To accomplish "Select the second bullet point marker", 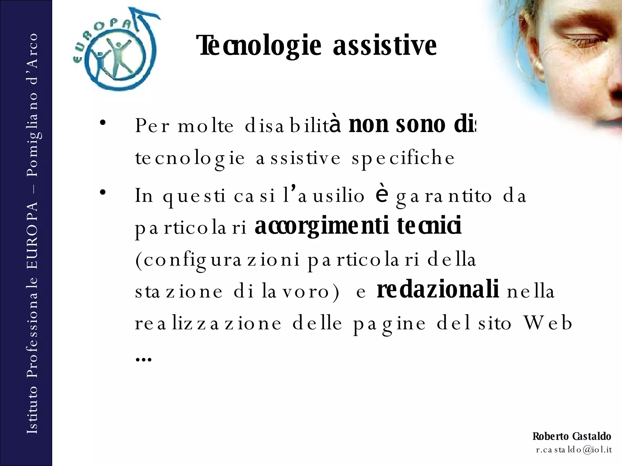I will (102, 192).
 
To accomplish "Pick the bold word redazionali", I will (438, 290).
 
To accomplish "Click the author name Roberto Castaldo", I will (572, 436).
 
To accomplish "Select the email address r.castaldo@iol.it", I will (574, 450).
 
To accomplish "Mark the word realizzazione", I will (208, 323).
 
